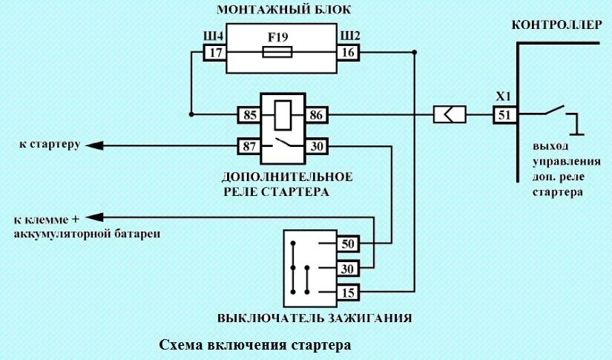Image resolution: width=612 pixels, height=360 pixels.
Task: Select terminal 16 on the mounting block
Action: coord(348,53)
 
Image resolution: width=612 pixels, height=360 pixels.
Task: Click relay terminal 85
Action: coord(248,115)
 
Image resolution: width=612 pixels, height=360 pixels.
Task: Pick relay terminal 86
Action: coord(315,115)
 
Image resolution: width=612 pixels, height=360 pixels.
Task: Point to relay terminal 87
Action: coord(248,146)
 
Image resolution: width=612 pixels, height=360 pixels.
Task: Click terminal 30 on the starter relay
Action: coord(315,146)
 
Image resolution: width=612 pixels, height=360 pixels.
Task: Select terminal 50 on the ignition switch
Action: coord(347,243)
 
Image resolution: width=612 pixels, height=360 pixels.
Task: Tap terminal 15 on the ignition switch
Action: coord(347,292)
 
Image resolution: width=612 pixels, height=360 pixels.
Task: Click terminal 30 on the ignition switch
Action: coord(347,268)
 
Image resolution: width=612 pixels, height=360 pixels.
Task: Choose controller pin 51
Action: coord(504,115)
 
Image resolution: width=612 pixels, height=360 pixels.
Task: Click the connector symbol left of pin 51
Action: coord(449,115)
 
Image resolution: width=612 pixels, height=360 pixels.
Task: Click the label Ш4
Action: coord(214,36)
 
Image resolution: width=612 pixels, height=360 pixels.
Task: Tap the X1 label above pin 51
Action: coord(504,97)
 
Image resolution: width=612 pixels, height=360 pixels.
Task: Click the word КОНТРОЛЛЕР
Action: coord(557,25)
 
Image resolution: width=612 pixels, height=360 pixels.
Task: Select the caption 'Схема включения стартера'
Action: coord(254,345)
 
